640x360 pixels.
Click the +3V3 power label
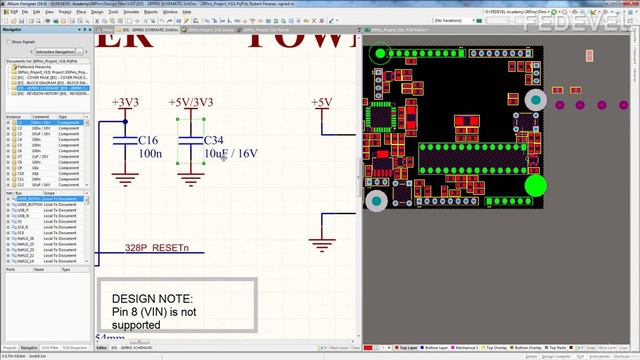tap(127, 102)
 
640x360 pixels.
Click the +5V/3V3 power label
tap(191, 102)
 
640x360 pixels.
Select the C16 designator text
tap(148, 140)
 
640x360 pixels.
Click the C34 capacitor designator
tap(214, 140)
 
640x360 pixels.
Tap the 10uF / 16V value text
tap(230, 154)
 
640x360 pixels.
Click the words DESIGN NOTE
tap(151, 298)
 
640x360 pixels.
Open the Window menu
tap(171, 11)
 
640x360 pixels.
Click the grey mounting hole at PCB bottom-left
tap(376, 201)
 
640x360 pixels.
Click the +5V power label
tap(321, 102)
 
